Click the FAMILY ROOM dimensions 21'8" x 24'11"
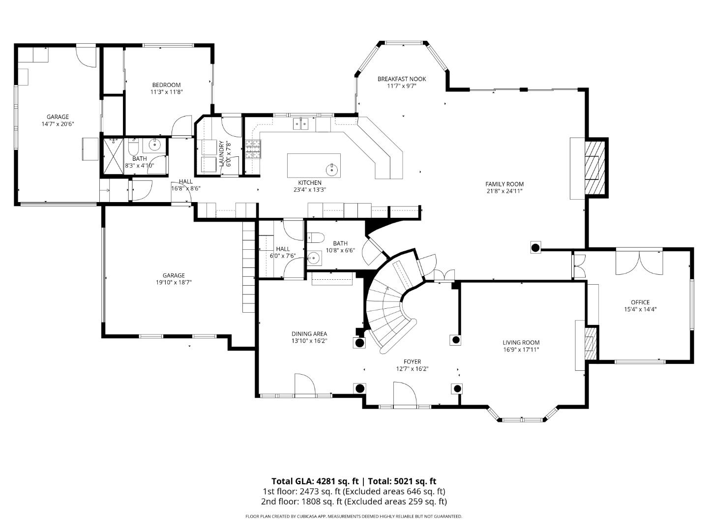[x=504, y=191]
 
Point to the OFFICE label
[x=640, y=302]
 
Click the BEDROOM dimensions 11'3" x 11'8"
[x=166, y=92]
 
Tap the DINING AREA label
[x=309, y=334]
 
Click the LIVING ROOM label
[x=521, y=343]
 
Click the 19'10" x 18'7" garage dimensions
[x=174, y=283]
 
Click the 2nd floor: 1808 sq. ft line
[x=354, y=501]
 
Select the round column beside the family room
[x=535, y=247]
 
